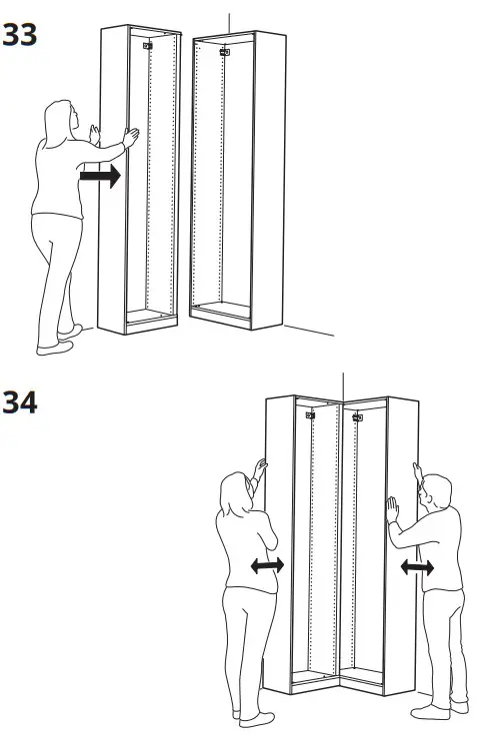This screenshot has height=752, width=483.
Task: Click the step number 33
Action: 19,35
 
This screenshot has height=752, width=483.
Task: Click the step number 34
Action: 19,403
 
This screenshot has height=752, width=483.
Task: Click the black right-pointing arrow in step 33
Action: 100,178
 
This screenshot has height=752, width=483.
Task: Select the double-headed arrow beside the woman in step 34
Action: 266,566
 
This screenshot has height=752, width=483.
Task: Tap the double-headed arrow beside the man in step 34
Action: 417,568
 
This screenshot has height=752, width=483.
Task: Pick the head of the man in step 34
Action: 436,492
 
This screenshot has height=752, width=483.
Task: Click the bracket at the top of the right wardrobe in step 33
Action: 225,51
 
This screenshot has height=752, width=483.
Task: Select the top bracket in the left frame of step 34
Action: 309,413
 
